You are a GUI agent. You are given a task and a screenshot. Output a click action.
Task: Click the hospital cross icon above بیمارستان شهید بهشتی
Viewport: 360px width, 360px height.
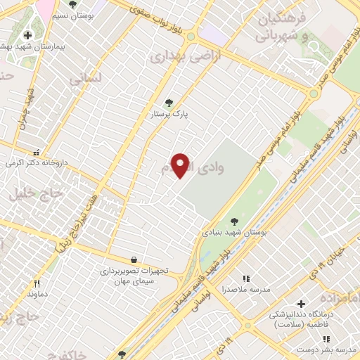[27, 35]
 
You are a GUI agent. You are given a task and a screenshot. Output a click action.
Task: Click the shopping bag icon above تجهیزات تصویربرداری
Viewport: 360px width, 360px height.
[134, 259]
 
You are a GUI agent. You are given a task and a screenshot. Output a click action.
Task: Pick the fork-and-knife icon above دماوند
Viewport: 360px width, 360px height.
[36, 283]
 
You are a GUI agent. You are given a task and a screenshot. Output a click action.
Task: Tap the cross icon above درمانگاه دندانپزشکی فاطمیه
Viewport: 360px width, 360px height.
[301, 304]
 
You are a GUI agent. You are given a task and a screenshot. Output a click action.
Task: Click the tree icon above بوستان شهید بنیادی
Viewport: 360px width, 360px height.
[233, 219]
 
